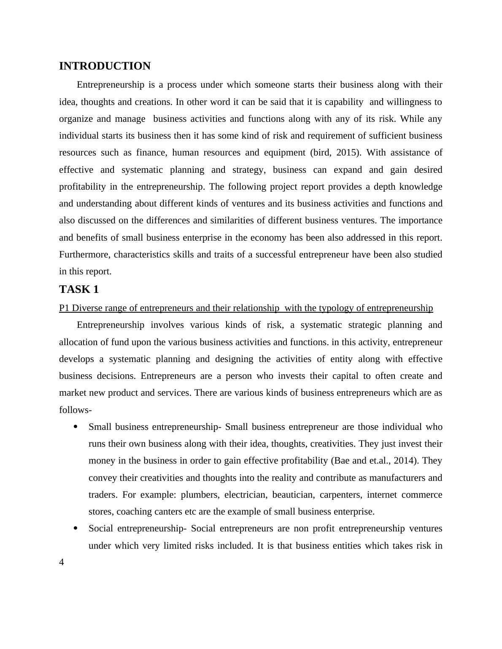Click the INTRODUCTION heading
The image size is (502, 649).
105,66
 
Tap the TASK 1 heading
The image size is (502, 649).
79,290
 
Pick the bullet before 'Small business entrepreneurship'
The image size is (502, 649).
76,427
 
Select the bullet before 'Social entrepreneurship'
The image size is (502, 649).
76,528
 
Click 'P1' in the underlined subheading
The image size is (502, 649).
65,308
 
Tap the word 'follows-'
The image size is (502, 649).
76,410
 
